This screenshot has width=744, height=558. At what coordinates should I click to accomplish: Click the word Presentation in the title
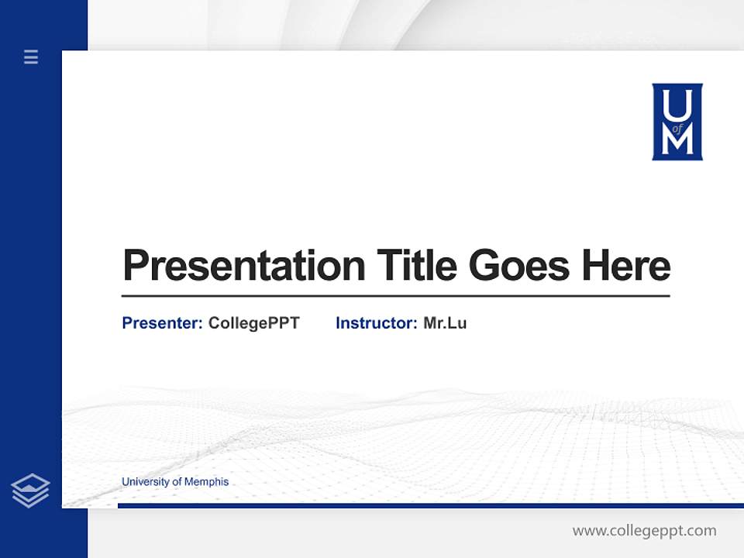click(x=243, y=266)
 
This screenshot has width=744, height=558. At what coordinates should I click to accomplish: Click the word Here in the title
click(x=626, y=266)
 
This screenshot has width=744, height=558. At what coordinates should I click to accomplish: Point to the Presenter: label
click(x=162, y=323)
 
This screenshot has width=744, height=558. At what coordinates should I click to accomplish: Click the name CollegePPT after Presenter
click(x=253, y=323)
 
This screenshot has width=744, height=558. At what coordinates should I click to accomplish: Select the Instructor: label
click(x=376, y=323)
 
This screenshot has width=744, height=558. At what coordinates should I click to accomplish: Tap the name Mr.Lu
click(x=445, y=323)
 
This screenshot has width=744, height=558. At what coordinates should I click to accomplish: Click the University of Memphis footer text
click(x=175, y=482)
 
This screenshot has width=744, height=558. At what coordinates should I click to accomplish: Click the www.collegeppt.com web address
click(x=644, y=531)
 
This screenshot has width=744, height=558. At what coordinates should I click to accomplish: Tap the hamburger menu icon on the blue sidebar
click(x=31, y=57)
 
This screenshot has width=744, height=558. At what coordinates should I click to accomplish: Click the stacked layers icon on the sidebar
click(x=30, y=491)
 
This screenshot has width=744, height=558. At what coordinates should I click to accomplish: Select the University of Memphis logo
click(x=677, y=122)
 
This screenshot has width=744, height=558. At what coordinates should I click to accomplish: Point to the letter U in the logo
click(x=677, y=102)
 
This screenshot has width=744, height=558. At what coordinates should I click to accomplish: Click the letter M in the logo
click(x=677, y=142)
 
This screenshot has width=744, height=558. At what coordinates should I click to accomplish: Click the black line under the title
click(x=395, y=296)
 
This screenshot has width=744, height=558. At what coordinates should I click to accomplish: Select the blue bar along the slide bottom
click(x=430, y=505)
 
